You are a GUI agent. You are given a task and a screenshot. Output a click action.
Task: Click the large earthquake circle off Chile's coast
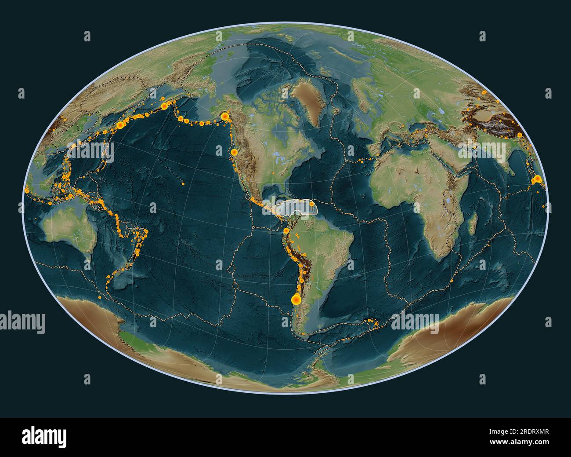(296, 300)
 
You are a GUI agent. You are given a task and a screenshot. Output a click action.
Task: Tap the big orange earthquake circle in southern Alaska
(225, 117)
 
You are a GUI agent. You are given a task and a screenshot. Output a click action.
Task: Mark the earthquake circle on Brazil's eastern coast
(350, 265)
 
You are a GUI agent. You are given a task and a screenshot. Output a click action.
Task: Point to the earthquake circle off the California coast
(234, 153)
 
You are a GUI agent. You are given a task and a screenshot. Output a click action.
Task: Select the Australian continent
(66, 229)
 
